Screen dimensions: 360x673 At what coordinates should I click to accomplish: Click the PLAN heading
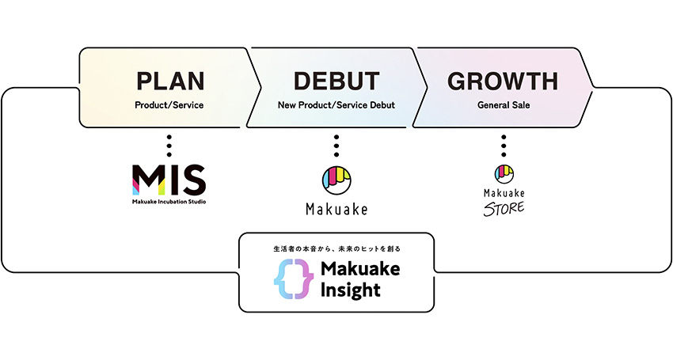point(170,81)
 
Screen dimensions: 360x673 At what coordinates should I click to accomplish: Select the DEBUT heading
point(336,81)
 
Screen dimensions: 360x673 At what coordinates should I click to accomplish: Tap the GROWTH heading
point(503,81)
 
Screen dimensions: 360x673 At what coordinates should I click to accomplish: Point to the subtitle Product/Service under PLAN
point(170,104)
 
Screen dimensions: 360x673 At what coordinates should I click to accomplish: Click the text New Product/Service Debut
point(336,104)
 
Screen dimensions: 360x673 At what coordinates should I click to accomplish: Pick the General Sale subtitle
point(503,104)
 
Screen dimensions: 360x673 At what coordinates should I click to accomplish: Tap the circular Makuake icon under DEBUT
point(336,180)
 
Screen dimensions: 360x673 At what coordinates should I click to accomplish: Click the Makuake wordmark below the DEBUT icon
point(336,210)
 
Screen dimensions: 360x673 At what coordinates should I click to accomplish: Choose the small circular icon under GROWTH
point(504,173)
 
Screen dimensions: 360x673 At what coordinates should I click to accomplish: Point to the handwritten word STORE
point(504,207)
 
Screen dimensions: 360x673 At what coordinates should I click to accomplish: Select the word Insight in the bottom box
point(351,290)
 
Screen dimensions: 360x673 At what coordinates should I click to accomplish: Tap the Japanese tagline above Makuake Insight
point(336,248)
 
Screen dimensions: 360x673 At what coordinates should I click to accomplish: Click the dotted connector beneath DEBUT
point(336,146)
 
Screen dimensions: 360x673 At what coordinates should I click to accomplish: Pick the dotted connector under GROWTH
point(504,146)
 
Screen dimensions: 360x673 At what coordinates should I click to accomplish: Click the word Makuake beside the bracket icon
point(360,269)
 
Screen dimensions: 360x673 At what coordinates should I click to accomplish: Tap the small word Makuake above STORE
point(504,192)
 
